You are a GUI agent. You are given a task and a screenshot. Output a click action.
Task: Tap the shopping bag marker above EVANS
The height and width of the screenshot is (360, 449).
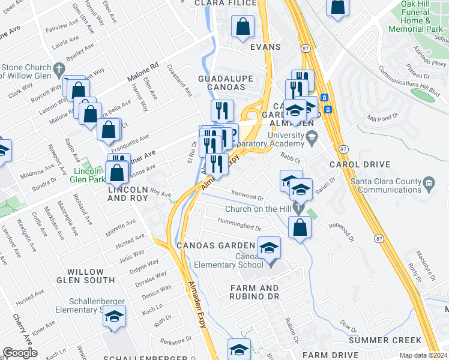point(242,27)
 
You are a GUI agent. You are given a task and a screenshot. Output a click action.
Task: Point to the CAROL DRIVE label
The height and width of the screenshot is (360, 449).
point(360,164)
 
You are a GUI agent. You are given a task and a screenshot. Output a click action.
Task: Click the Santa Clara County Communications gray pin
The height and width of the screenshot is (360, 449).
point(429,182)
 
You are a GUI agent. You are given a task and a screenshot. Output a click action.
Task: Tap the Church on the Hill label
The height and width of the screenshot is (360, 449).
point(259,209)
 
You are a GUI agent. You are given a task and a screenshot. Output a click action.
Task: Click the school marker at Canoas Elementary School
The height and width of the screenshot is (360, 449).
point(270,247)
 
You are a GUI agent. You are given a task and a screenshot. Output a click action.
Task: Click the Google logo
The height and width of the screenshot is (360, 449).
point(20,353)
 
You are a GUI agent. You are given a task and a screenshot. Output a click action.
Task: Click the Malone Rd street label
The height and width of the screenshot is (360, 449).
point(142,73)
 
